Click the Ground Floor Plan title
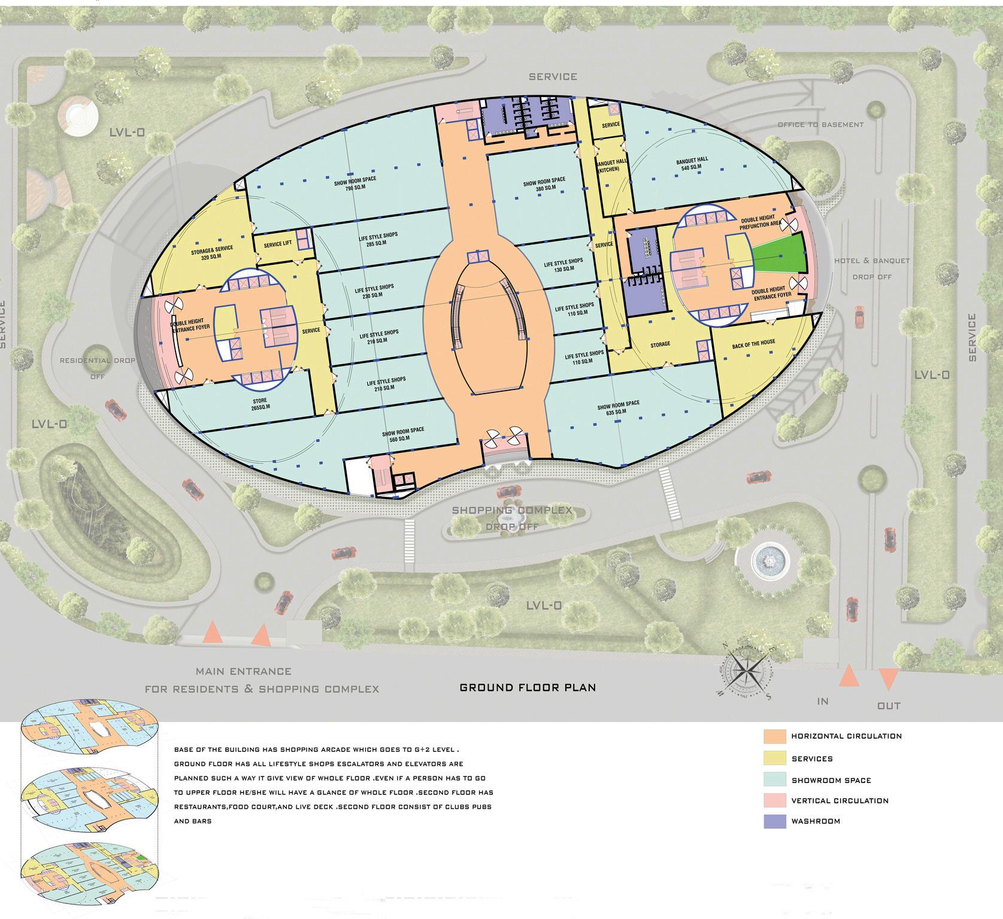528,687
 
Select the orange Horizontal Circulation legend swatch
774,736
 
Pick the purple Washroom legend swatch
774,821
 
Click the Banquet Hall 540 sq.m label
692,164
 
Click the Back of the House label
753,344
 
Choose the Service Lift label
277,244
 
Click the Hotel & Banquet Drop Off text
872,268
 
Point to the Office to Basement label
820,125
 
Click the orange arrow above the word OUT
888,679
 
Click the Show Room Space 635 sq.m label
618,408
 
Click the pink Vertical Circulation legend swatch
774,801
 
